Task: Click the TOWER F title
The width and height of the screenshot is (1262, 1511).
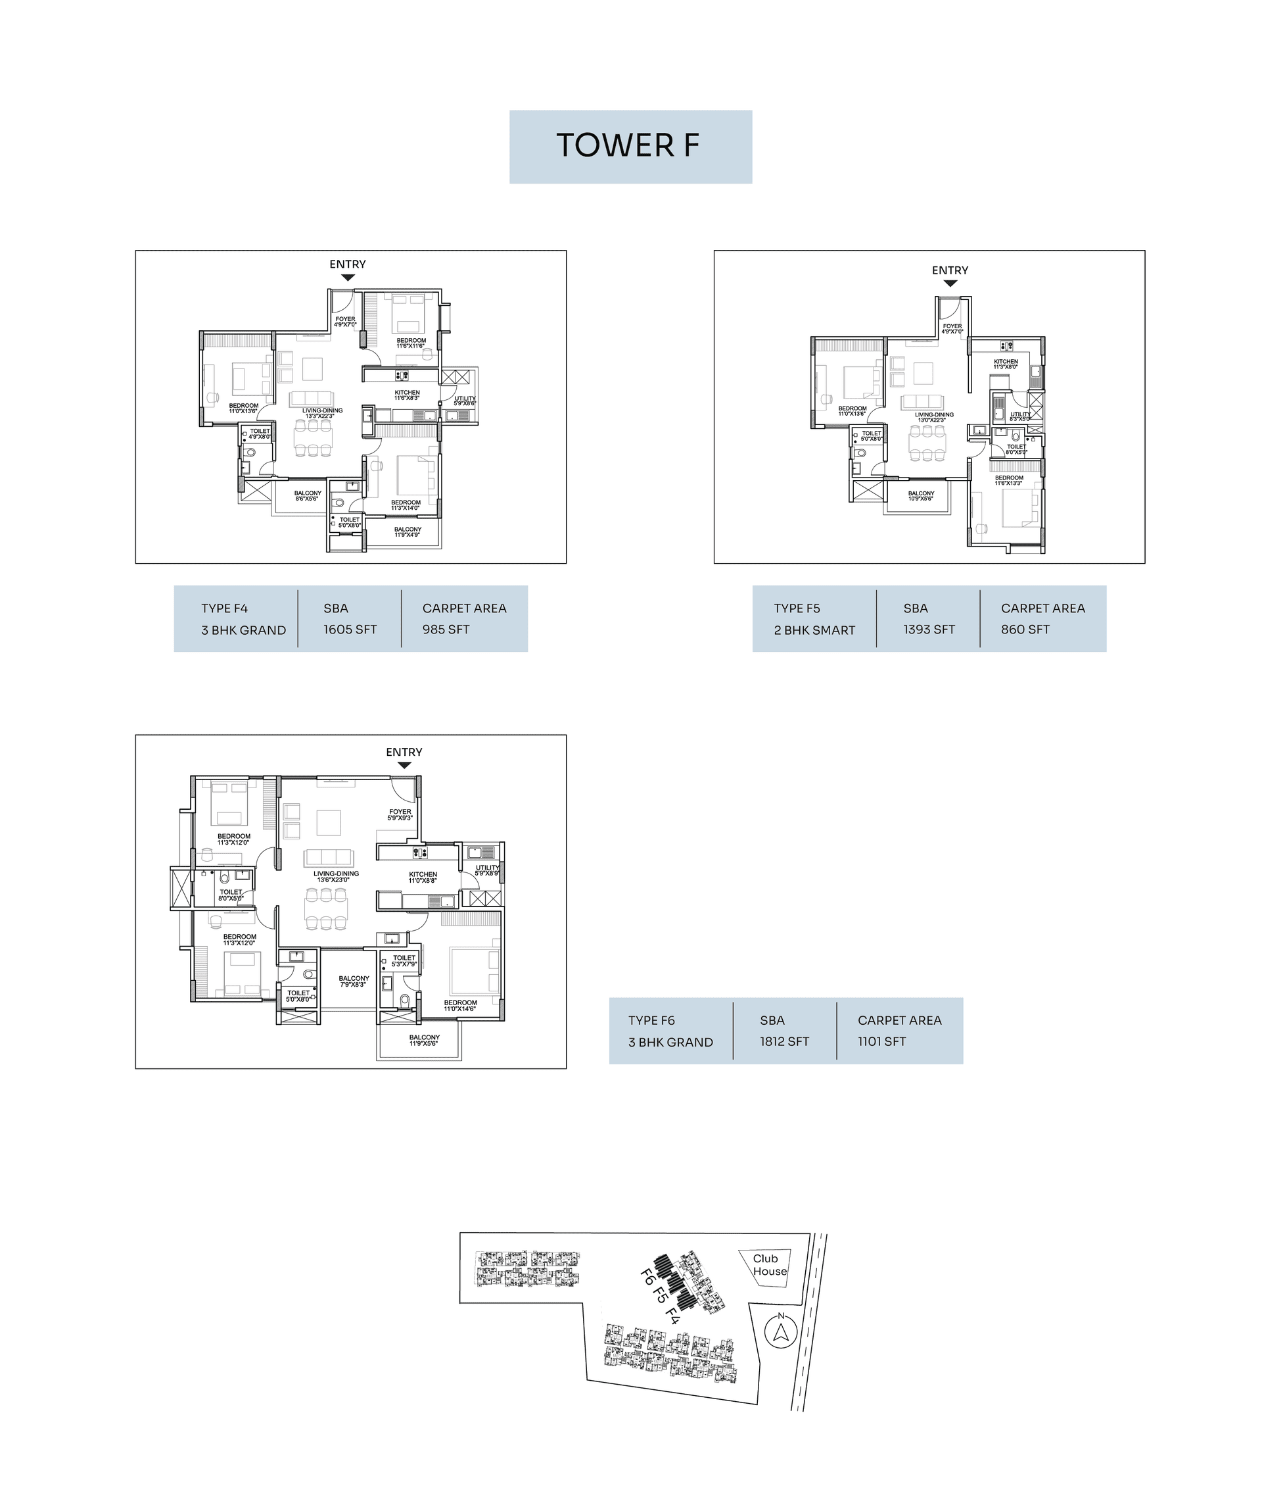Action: click(x=627, y=146)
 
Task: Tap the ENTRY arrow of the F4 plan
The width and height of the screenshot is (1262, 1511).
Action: click(x=348, y=278)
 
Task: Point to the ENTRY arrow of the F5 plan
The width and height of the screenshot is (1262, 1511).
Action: click(x=950, y=284)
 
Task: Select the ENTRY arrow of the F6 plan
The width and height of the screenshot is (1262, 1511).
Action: click(x=404, y=766)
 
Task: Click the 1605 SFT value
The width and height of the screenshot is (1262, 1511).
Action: click(x=350, y=630)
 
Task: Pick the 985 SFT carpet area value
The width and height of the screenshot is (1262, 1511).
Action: click(x=446, y=630)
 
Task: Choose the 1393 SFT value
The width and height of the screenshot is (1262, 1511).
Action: click(x=929, y=630)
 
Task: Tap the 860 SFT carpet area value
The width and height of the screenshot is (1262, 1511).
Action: click(x=1025, y=630)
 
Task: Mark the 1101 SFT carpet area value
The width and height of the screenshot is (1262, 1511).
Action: click(x=881, y=1042)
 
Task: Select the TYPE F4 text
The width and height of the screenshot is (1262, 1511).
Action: click(x=224, y=608)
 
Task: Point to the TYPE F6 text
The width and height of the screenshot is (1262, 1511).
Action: click(x=651, y=1021)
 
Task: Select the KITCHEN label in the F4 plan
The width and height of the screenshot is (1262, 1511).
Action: click(x=407, y=393)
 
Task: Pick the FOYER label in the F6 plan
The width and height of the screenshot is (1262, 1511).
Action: click(x=400, y=812)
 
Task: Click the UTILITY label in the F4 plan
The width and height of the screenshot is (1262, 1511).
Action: click(x=465, y=399)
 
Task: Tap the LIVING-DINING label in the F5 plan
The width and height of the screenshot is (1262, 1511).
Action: click(x=934, y=415)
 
